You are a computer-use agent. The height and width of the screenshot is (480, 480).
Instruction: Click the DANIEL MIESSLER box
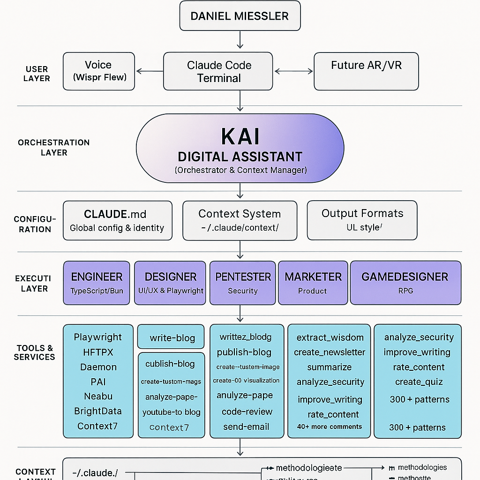tap(240, 16)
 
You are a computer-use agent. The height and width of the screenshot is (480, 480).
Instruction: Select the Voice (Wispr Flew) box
tap(99, 71)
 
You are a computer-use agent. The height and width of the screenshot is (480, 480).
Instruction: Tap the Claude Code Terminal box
tap(218, 71)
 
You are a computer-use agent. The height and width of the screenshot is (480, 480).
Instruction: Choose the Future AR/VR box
tap(366, 71)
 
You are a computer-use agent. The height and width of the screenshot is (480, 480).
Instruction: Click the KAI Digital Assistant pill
tap(240, 148)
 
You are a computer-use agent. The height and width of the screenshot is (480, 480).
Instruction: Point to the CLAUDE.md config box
tap(117, 221)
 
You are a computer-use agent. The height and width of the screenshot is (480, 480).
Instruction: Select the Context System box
tap(240, 221)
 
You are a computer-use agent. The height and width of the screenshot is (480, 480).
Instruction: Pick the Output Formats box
tap(362, 220)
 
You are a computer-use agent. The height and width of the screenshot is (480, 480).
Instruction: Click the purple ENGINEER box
tap(97, 283)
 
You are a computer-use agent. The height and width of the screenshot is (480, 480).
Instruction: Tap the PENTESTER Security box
tap(243, 283)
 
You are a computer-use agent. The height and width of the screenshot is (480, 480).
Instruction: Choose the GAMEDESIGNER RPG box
tap(405, 283)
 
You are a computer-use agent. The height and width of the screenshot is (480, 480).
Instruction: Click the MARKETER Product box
tap(312, 283)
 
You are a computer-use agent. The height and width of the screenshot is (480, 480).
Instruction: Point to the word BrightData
tap(98, 411)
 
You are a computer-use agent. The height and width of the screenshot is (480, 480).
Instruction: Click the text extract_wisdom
tap(330, 337)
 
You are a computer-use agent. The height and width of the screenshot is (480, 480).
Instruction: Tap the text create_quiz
tap(419, 382)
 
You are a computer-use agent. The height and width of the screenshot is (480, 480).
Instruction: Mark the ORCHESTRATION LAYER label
tap(53, 147)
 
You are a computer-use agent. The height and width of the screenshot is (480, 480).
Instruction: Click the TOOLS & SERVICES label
tap(35, 352)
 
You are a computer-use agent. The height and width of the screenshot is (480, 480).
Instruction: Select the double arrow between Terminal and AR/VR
tap(293, 71)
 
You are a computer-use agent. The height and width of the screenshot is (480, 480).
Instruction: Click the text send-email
tap(246, 427)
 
